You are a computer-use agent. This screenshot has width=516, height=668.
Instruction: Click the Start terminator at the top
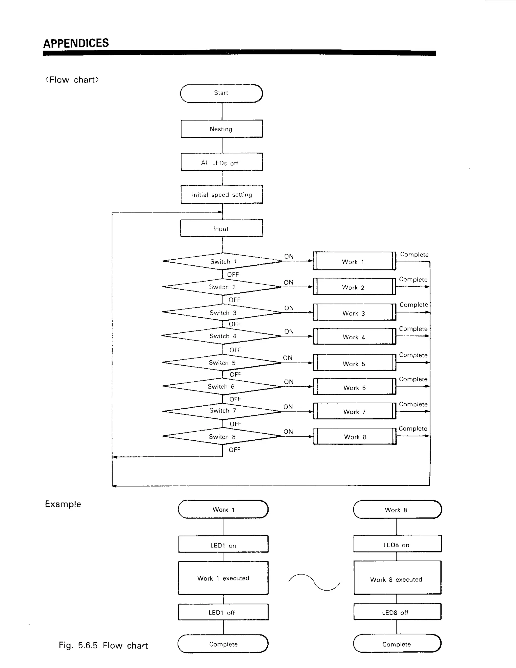tap(221, 93)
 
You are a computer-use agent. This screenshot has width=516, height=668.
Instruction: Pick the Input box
tap(221, 228)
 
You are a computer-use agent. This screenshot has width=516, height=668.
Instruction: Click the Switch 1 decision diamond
tap(222, 261)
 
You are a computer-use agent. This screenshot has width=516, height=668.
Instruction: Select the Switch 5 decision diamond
tap(222, 362)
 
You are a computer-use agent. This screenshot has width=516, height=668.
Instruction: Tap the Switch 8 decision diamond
tap(222, 436)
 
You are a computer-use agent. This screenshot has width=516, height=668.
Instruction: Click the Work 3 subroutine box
tap(354, 313)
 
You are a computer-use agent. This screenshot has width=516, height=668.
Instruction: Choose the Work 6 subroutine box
tap(354, 387)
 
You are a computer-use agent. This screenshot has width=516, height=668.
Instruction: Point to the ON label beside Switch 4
tap(288, 331)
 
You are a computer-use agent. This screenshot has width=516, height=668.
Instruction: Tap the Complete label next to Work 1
tap(414, 255)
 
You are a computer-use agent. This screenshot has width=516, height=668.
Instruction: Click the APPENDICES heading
tap(76, 43)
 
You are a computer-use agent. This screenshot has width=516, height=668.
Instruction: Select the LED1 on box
tap(223, 545)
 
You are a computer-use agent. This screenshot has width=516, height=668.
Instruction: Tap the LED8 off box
tap(397, 612)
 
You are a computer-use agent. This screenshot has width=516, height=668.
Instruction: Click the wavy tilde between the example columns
tap(314, 582)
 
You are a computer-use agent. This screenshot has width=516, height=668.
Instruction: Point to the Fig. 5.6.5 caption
tap(103, 645)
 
